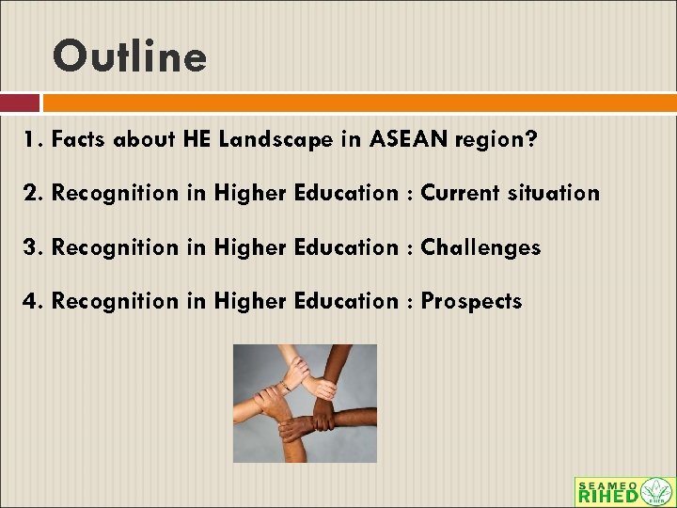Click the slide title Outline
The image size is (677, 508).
[x=130, y=56]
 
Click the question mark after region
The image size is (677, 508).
[x=532, y=140]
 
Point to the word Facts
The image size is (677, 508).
[x=79, y=140]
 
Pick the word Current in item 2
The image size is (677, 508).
[x=460, y=194]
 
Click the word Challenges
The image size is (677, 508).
[x=480, y=248]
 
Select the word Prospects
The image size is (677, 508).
[x=471, y=302]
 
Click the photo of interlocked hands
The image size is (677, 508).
[x=305, y=403]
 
